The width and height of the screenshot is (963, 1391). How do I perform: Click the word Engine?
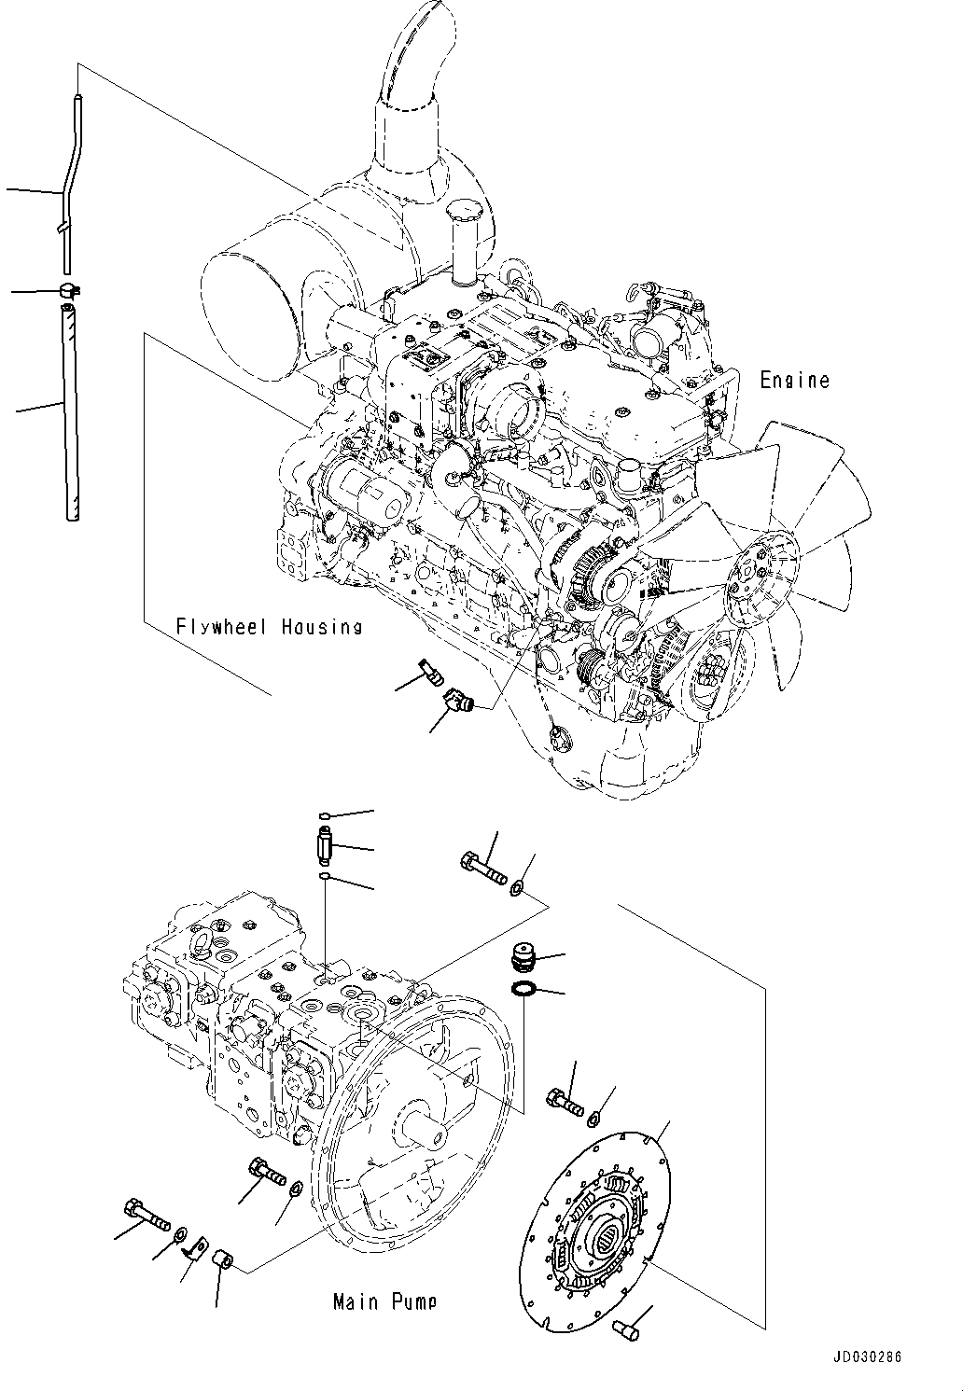click(x=793, y=380)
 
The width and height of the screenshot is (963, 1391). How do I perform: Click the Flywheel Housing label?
click(x=269, y=627)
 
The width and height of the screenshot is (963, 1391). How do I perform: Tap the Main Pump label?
click(x=384, y=1301)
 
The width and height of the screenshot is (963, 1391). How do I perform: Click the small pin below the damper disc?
click(x=624, y=1330)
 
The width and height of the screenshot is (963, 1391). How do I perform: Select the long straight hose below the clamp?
click(x=70, y=410)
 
